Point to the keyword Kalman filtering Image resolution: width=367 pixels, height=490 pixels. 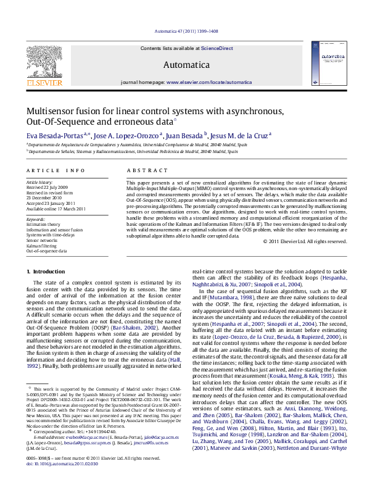[x=40, y=246]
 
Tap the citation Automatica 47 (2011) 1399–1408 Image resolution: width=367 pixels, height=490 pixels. [x=186, y=30]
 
